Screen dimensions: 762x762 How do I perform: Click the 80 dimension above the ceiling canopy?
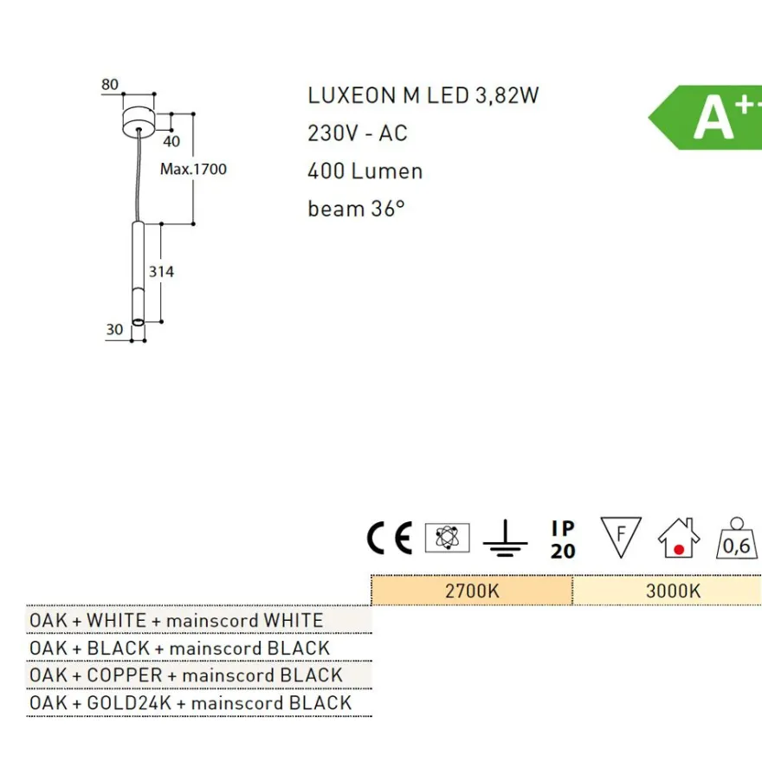pos(110,85)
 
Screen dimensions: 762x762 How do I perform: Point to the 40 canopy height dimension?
pos(171,141)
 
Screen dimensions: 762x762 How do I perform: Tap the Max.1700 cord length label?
pos(193,169)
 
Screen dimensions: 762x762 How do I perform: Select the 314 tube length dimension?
pos(161,272)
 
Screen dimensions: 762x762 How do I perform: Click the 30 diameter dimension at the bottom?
pos(114,330)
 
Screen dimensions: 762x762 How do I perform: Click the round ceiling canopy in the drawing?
pos(139,120)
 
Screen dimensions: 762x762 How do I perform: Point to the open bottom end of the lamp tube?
pos(138,322)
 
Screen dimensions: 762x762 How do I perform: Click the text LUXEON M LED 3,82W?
pos(423,95)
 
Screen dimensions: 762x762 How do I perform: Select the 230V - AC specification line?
pos(358,133)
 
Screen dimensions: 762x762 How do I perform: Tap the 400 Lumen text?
pos(365,171)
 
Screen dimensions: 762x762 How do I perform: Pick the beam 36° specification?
pos(356,209)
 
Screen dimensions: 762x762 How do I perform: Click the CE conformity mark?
pos(390,538)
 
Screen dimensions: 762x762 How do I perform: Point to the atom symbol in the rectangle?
pos(447,538)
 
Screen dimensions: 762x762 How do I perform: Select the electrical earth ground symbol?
pos(506,538)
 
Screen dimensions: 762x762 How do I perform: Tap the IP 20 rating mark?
pos(563,539)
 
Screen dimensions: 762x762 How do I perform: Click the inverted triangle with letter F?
pos(621,537)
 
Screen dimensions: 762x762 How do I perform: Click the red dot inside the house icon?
pos(680,550)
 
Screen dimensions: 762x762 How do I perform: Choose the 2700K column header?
pos(472,591)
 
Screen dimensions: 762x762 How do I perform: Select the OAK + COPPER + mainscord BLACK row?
pos(186,675)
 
